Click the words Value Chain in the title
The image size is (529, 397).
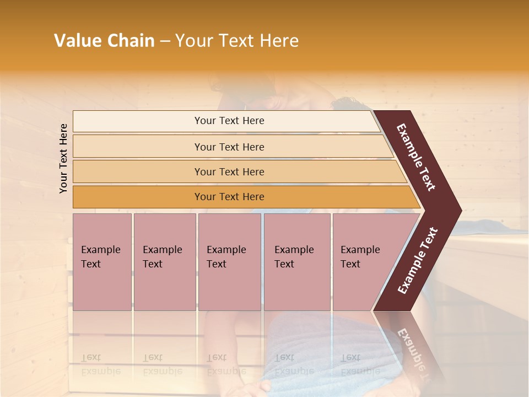(104, 41)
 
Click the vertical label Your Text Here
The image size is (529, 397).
(64, 158)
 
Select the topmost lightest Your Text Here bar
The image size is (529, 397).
(229, 121)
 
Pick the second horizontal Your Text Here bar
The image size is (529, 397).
(229, 147)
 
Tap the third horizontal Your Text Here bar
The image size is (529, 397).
(229, 171)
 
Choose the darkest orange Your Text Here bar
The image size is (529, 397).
(229, 197)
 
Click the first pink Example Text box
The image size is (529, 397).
(102, 261)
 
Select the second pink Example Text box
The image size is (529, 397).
(164, 261)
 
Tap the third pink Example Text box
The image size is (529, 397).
(229, 261)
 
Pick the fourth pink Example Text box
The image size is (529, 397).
(297, 261)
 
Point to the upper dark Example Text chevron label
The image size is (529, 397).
(416, 157)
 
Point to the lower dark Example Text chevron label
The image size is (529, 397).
(417, 261)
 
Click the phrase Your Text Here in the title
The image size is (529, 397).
(237, 41)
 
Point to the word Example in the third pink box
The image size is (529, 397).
(226, 250)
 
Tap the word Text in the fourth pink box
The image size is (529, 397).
(284, 264)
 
